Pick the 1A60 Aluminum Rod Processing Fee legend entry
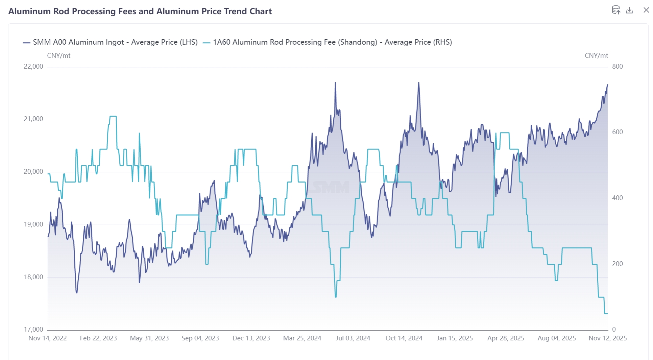[328, 42]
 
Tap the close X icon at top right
[646, 10]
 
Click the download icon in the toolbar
[629, 10]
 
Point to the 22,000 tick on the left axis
[33, 67]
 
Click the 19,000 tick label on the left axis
[33, 224]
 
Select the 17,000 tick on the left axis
[33, 329]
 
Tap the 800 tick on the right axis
[617, 67]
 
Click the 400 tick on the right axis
[617, 198]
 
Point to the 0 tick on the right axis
[614, 329]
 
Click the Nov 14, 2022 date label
[48, 338]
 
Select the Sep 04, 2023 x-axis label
[200, 338]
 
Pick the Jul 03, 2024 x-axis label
[353, 338]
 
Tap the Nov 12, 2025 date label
[607, 338]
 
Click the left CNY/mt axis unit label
[59, 56]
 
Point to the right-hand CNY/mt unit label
[596, 56]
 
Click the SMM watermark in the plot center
[330, 187]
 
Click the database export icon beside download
[616, 10]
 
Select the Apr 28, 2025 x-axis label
[506, 338]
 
